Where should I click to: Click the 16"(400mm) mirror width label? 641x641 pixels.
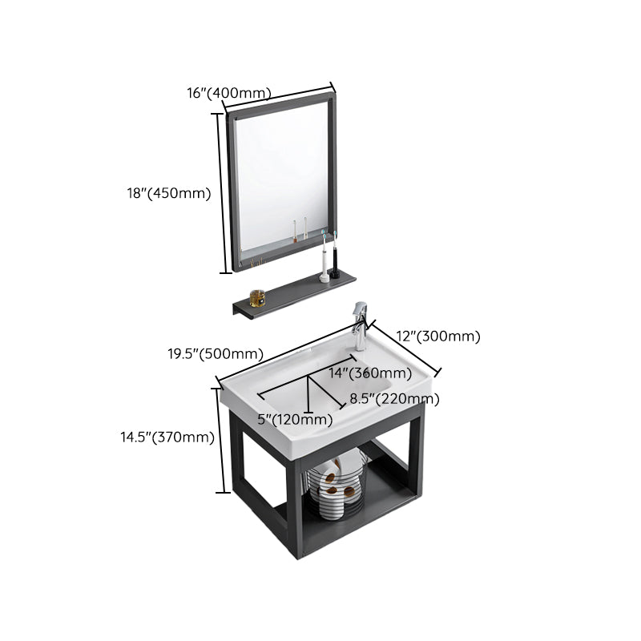(228, 93)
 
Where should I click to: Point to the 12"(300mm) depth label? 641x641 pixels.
(439, 337)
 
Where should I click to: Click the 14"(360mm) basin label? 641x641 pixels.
(370, 373)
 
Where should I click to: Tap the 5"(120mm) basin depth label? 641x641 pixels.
(295, 419)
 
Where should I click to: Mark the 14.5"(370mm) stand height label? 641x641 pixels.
(167, 437)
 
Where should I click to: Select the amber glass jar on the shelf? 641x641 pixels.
(257, 298)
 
